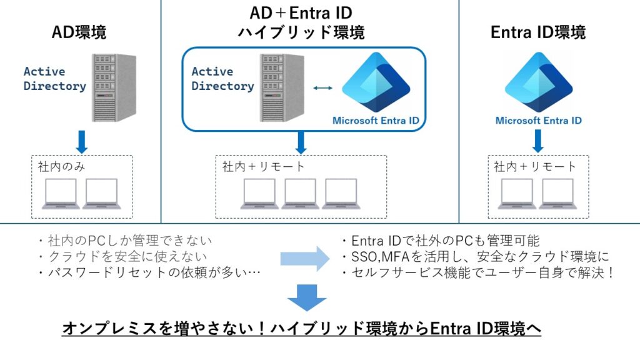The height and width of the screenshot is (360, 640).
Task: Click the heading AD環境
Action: [x=79, y=32]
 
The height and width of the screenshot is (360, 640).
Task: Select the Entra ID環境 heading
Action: [x=538, y=32]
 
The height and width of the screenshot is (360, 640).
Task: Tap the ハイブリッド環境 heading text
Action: [x=301, y=32]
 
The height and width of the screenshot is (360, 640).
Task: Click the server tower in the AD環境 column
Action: [x=114, y=87]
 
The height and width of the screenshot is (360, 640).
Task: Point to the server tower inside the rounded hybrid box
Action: [x=282, y=87]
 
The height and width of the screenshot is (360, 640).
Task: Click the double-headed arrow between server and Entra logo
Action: [x=323, y=87]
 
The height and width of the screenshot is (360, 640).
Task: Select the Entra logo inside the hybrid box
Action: [x=376, y=82]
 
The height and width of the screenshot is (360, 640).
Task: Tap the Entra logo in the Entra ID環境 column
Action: [x=539, y=82]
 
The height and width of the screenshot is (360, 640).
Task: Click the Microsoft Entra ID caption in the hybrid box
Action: [x=376, y=121]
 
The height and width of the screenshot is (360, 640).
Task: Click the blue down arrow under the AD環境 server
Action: [x=82, y=142]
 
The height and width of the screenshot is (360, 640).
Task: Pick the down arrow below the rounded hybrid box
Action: [x=301, y=142]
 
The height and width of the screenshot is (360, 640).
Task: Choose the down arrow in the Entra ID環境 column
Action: [x=538, y=141]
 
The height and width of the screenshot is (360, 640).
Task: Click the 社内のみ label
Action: [x=61, y=166]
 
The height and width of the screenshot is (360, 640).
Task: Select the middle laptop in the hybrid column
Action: [x=300, y=194]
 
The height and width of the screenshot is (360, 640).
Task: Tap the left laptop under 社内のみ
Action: [x=61, y=194]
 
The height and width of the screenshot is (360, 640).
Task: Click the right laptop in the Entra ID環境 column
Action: [x=557, y=194]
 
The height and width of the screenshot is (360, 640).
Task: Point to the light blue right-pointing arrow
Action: [x=305, y=258]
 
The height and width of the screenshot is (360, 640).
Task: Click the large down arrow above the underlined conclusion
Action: [x=307, y=298]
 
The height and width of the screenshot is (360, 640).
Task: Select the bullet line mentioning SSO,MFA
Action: [x=476, y=256]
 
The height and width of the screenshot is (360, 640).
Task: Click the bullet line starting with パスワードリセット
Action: [x=149, y=272]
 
